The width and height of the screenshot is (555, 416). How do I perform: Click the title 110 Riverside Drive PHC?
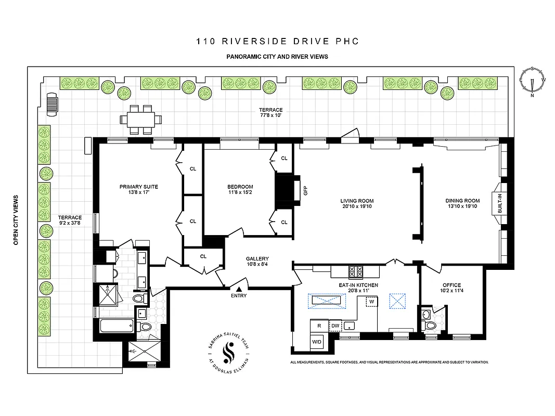coord(277,42)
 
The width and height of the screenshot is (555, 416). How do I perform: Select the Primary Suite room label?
coord(138,187)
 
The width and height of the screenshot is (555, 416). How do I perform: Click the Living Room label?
coord(357,201)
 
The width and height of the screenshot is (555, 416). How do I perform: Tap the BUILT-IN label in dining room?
coord(500,203)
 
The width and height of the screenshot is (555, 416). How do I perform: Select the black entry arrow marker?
coord(239,289)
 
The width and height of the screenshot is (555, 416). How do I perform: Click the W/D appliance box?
coord(316,342)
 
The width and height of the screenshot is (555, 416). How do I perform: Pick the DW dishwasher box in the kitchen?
coord(335,326)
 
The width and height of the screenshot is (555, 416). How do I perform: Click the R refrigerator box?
coord(318,326)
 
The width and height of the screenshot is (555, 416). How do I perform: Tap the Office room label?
coord(451,285)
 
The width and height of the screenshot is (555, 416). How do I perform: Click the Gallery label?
coord(257,258)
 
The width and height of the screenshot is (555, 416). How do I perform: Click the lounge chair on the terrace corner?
coord(53,102)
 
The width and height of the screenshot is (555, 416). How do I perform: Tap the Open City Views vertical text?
coord(16,220)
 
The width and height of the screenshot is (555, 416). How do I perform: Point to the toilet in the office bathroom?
coord(430,324)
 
